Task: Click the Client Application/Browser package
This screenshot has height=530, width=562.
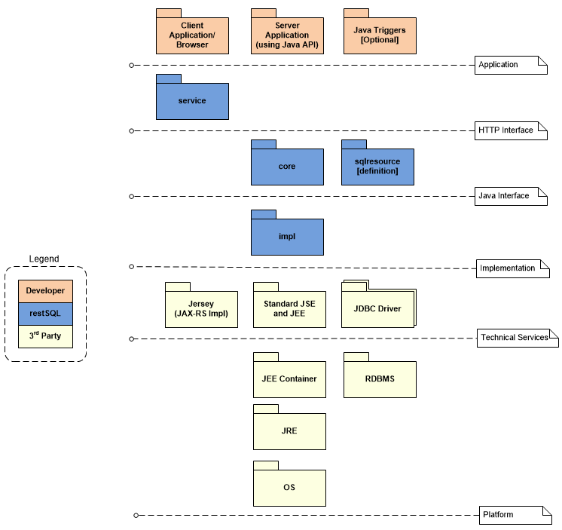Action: pyautogui.click(x=192, y=35)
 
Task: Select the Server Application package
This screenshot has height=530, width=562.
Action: pyautogui.click(x=287, y=35)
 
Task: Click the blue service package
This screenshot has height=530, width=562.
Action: pyautogui.click(x=192, y=100)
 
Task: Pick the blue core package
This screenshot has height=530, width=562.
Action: pyautogui.click(x=287, y=166)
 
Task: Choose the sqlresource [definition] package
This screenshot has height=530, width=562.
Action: pyautogui.click(x=377, y=166)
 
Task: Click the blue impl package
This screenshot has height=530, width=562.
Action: pyautogui.click(x=287, y=236)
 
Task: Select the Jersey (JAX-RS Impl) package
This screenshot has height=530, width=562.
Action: pyautogui.click(x=201, y=308)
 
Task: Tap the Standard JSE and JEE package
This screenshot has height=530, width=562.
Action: pyautogui.click(x=289, y=308)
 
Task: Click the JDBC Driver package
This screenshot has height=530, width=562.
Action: pyautogui.click(x=377, y=308)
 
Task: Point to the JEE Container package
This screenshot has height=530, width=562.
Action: pyautogui.click(x=289, y=378)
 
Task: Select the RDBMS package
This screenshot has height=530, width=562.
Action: pyautogui.click(x=380, y=378)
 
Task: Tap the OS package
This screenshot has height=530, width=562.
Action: pyautogui.click(x=289, y=487)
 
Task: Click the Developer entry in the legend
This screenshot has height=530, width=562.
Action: pyautogui.click(x=45, y=291)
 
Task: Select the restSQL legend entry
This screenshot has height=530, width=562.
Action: pyautogui.click(x=45, y=313)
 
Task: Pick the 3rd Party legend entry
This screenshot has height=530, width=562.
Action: pyautogui.click(x=45, y=335)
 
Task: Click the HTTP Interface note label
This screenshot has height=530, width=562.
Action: pyautogui.click(x=506, y=130)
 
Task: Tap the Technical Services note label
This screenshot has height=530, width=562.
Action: pyautogui.click(x=514, y=337)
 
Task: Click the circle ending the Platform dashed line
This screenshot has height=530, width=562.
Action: pyautogui.click(x=136, y=515)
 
